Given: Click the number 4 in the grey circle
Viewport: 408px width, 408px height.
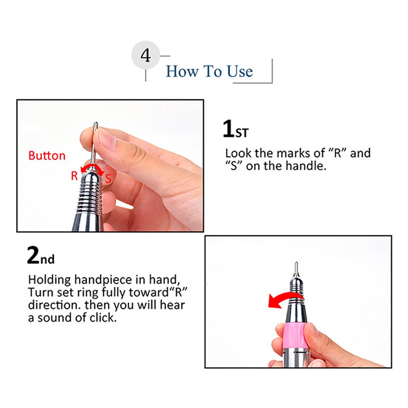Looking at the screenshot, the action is [x=146, y=55].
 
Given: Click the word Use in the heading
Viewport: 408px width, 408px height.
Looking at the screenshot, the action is [x=240, y=71].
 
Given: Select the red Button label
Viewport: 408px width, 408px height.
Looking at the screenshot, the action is [x=47, y=155].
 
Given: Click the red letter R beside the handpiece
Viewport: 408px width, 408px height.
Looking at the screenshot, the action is [x=74, y=176].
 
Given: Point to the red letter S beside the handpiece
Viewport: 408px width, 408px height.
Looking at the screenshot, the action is [x=108, y=179].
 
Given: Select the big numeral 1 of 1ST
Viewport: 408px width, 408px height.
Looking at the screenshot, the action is [x=228, y=128].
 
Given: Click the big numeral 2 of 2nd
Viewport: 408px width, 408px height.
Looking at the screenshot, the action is [x=33, y=255].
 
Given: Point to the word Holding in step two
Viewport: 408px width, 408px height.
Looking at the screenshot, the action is [x=49, y=280].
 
